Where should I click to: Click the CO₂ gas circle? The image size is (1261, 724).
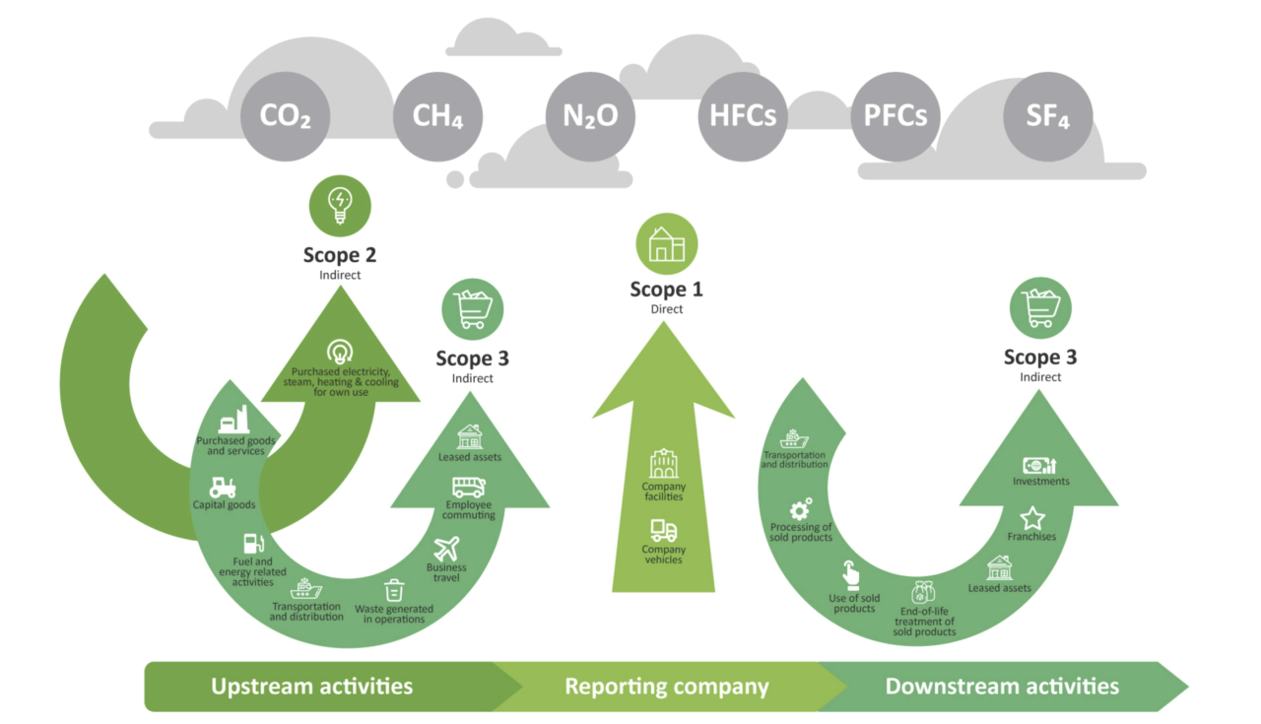286,116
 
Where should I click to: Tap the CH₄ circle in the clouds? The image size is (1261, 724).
437,116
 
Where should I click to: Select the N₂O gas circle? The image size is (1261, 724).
590,116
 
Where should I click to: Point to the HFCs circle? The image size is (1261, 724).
743,116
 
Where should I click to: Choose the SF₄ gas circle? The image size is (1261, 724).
1047,116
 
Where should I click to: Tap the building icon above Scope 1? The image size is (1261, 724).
666,243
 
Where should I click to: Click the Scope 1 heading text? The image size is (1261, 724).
666,290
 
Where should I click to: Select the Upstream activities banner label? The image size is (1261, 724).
311,686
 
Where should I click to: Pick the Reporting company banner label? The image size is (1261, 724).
666,686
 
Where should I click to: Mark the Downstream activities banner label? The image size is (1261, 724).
1002,686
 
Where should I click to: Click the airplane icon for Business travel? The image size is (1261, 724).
446,548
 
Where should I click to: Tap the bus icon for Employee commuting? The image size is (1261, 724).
468,487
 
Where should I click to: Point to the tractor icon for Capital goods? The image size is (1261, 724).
223,487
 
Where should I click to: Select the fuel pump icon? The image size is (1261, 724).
253,543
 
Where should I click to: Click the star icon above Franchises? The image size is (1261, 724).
1031,518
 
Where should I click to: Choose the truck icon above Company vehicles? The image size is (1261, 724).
663,531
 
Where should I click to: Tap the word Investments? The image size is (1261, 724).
1040,482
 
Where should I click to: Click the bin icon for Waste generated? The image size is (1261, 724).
394,590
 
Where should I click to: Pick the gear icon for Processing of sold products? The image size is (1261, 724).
800,509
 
